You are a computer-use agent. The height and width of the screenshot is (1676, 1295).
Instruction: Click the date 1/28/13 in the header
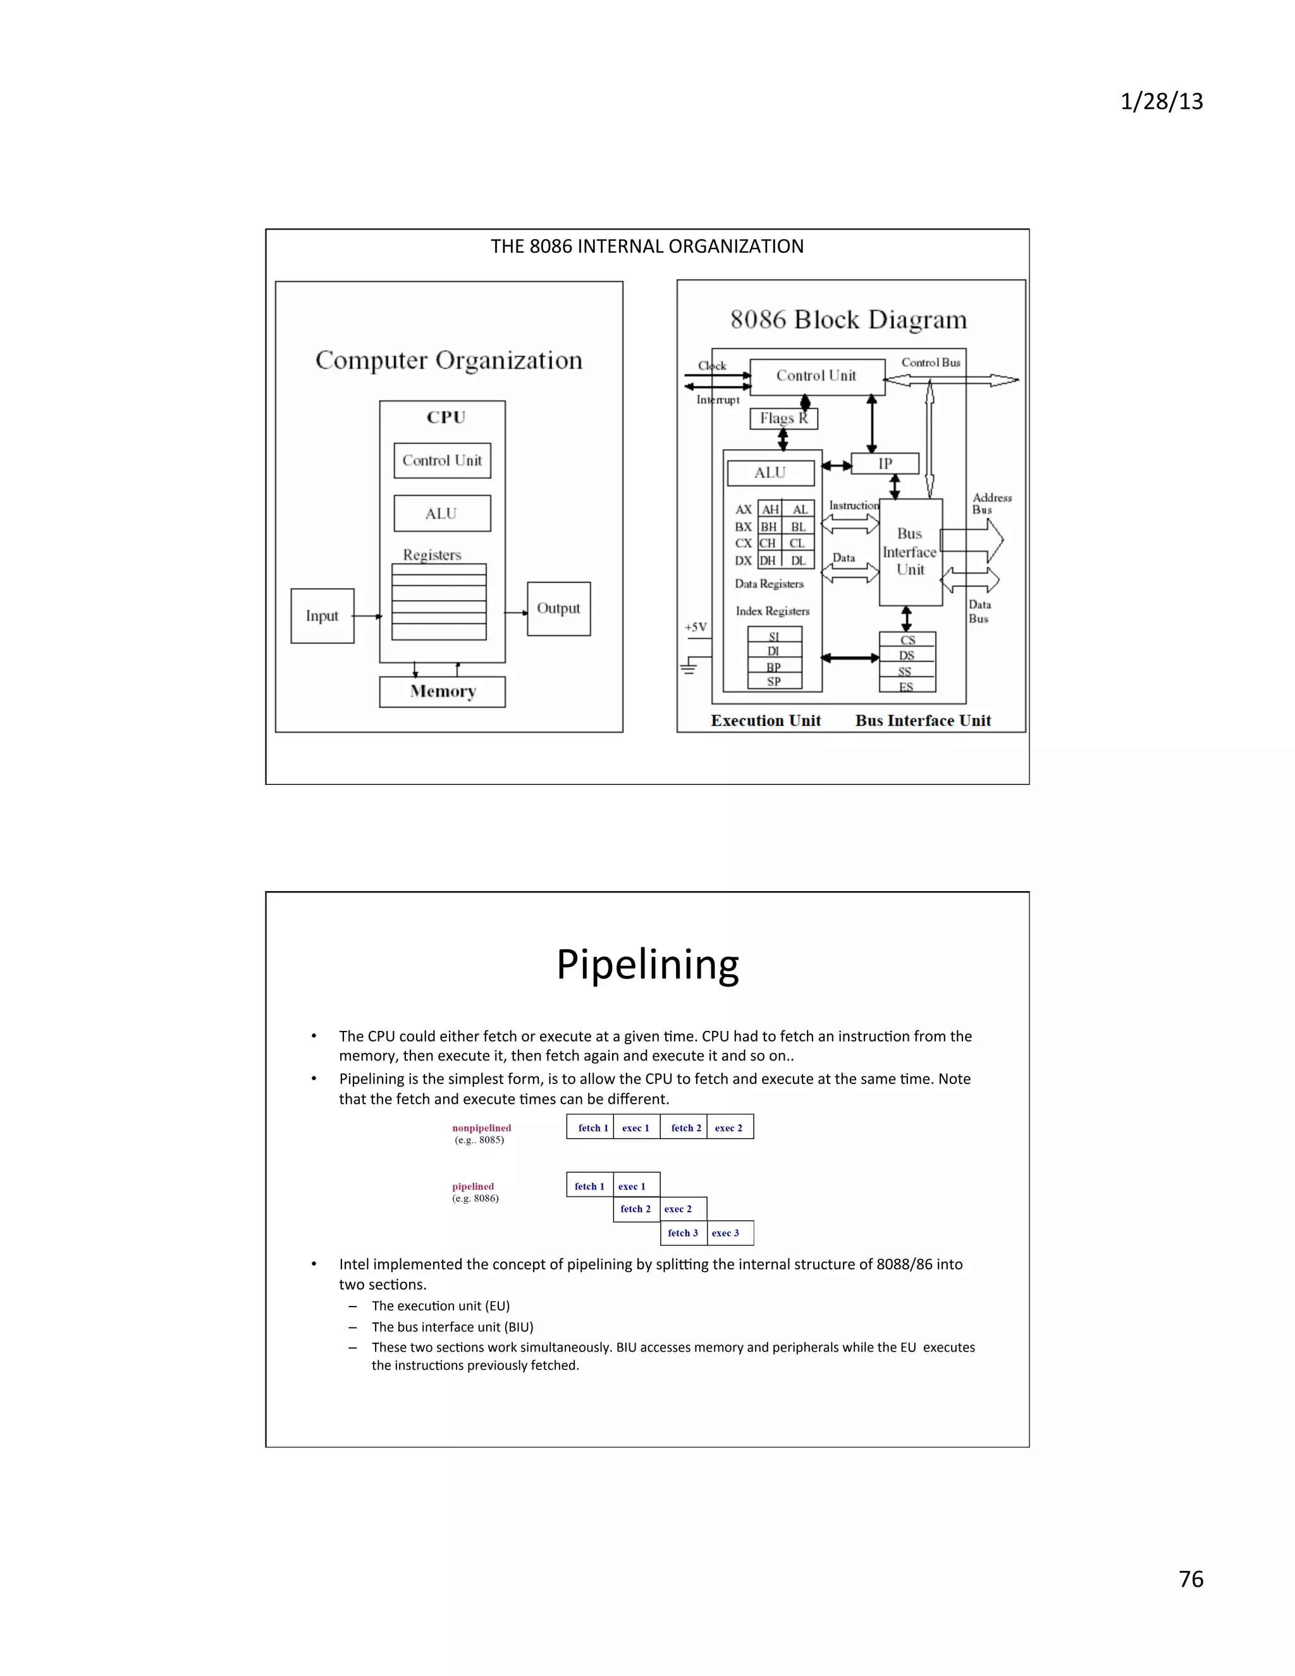click(x=1162, y=102)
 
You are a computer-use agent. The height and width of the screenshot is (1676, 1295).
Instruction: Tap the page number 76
click(x=1191, y=1579)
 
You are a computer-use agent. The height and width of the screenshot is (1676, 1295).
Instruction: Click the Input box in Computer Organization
click(x=322, y=615)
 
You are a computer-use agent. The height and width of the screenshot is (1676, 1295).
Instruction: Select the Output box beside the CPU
click(x=558, y=608)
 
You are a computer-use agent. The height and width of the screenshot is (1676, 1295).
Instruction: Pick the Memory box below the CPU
click(x=443, y=691)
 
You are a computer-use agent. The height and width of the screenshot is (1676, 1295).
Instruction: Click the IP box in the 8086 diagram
click(x=885, y=464)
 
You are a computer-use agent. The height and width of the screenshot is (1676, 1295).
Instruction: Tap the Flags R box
click(x=783, y=418)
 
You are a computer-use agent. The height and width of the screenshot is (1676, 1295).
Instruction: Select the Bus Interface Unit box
click(x=910, y=551)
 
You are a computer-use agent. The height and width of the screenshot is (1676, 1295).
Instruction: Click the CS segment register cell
click(x=907, y=640)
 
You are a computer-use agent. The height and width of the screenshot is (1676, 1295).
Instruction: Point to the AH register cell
click(x=770, y=510)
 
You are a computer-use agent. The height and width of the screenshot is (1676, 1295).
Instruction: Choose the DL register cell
click(x=798, y=561)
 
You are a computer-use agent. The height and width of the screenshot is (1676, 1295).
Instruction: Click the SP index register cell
click(x=774, y=681)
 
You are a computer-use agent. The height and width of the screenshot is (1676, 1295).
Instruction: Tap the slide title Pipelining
click(x=647, y=964)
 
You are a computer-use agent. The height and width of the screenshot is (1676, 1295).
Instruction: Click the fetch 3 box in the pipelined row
click(x=683, y=1233)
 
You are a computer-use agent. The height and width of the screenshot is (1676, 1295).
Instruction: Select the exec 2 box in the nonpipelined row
click(x=729, y=1127)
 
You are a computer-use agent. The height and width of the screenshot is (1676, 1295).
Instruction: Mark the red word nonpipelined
click(x=481, y=1127)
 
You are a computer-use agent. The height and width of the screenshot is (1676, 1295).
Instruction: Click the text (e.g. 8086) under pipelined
click(x=475, y=1198)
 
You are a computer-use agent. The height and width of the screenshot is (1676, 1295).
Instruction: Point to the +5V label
click(x=695, y=627)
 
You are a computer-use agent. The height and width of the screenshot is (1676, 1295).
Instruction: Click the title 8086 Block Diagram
click(x=849, y=319)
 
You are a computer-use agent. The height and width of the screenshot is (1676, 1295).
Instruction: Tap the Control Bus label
click(x=931, y=362)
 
